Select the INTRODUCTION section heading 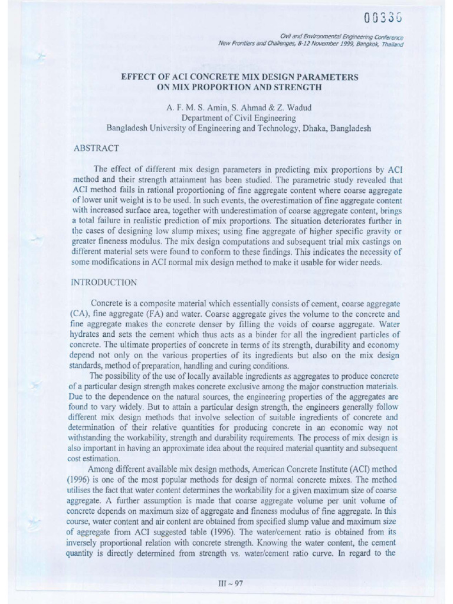[x=104, y=283]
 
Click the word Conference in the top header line [x=384, y=37]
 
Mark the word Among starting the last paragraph [x=104, y=470]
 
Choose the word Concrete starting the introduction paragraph [x=107, y=303]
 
